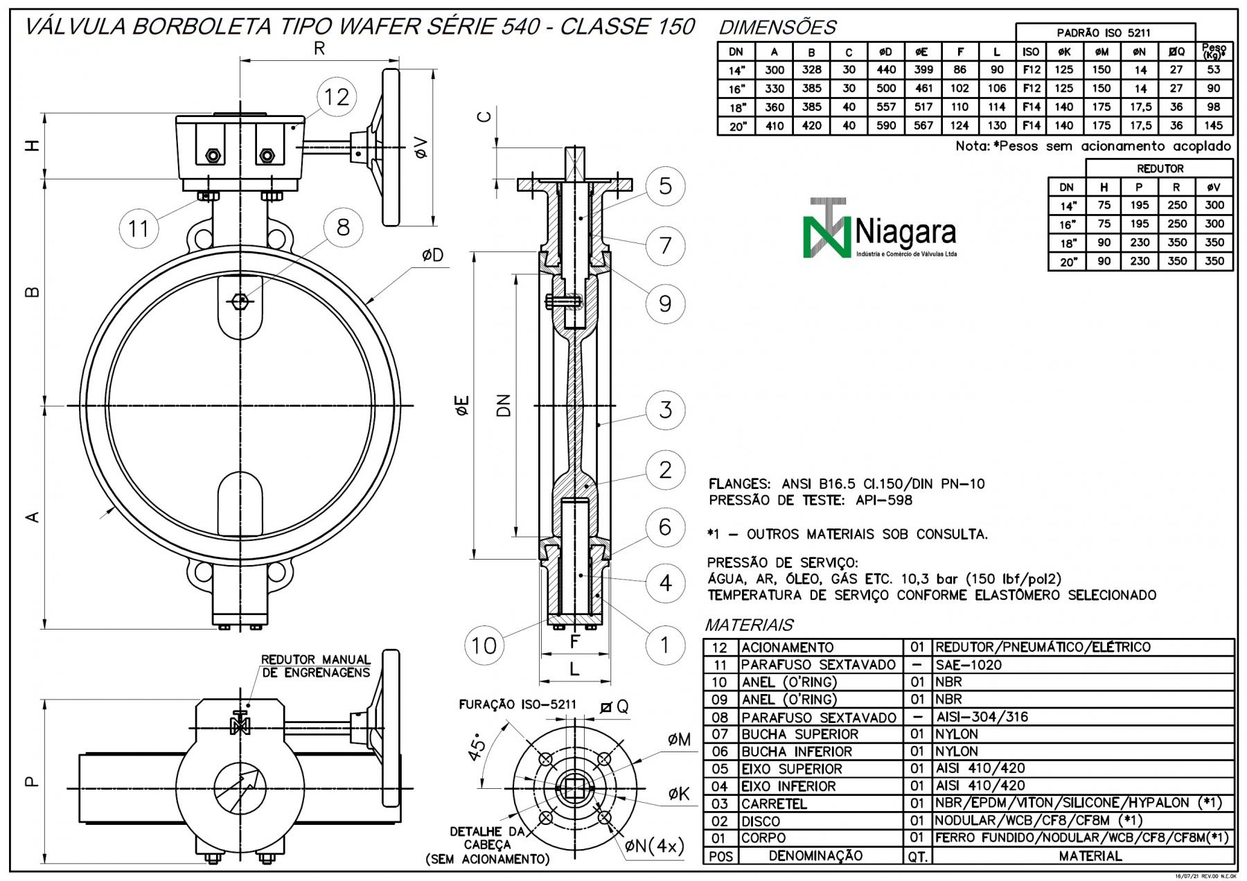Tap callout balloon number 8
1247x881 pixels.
tap(343, 226)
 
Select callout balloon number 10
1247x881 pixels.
tap(484, 645)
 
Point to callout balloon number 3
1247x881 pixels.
tap(665, 409)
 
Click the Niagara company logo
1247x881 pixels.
tap(880, 229)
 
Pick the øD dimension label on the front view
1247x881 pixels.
tap(432, 255)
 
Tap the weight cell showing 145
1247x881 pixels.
tap(1213, 125)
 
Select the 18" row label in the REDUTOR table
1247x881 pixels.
tap(1068, 243)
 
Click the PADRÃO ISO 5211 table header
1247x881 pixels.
tap(1104, 33)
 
